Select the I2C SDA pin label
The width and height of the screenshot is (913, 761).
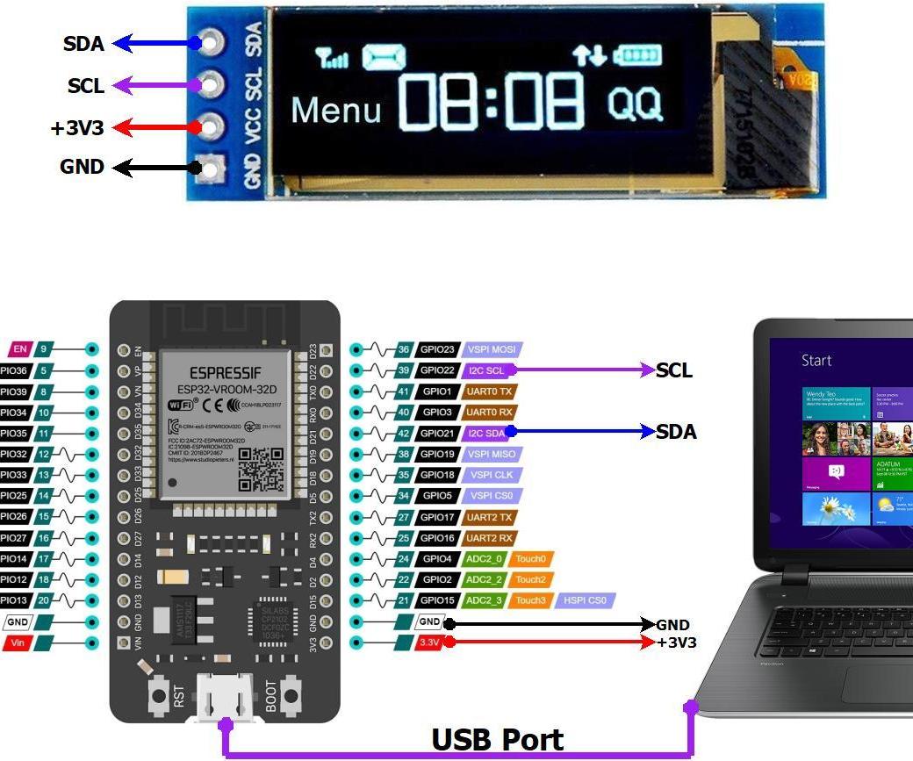click(486, 433)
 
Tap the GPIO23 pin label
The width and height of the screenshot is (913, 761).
click(437, 349)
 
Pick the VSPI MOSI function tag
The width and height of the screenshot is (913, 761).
click(492, 349)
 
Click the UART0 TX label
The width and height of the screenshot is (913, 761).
click(489, 391)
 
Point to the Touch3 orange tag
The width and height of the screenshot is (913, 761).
click(531, 600)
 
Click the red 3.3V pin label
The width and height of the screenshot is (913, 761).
click(428, 643)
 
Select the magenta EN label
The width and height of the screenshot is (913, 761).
click(20, 349)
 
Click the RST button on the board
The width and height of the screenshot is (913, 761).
click(158, 695)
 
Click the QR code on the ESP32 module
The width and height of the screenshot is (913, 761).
click(261, 470)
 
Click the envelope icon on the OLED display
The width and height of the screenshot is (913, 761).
click(385, 58)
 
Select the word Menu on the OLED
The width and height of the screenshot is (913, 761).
click(335, 111)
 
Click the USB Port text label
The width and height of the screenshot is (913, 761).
click(497, 740)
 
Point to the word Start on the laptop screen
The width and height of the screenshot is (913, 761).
click(816, 361)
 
